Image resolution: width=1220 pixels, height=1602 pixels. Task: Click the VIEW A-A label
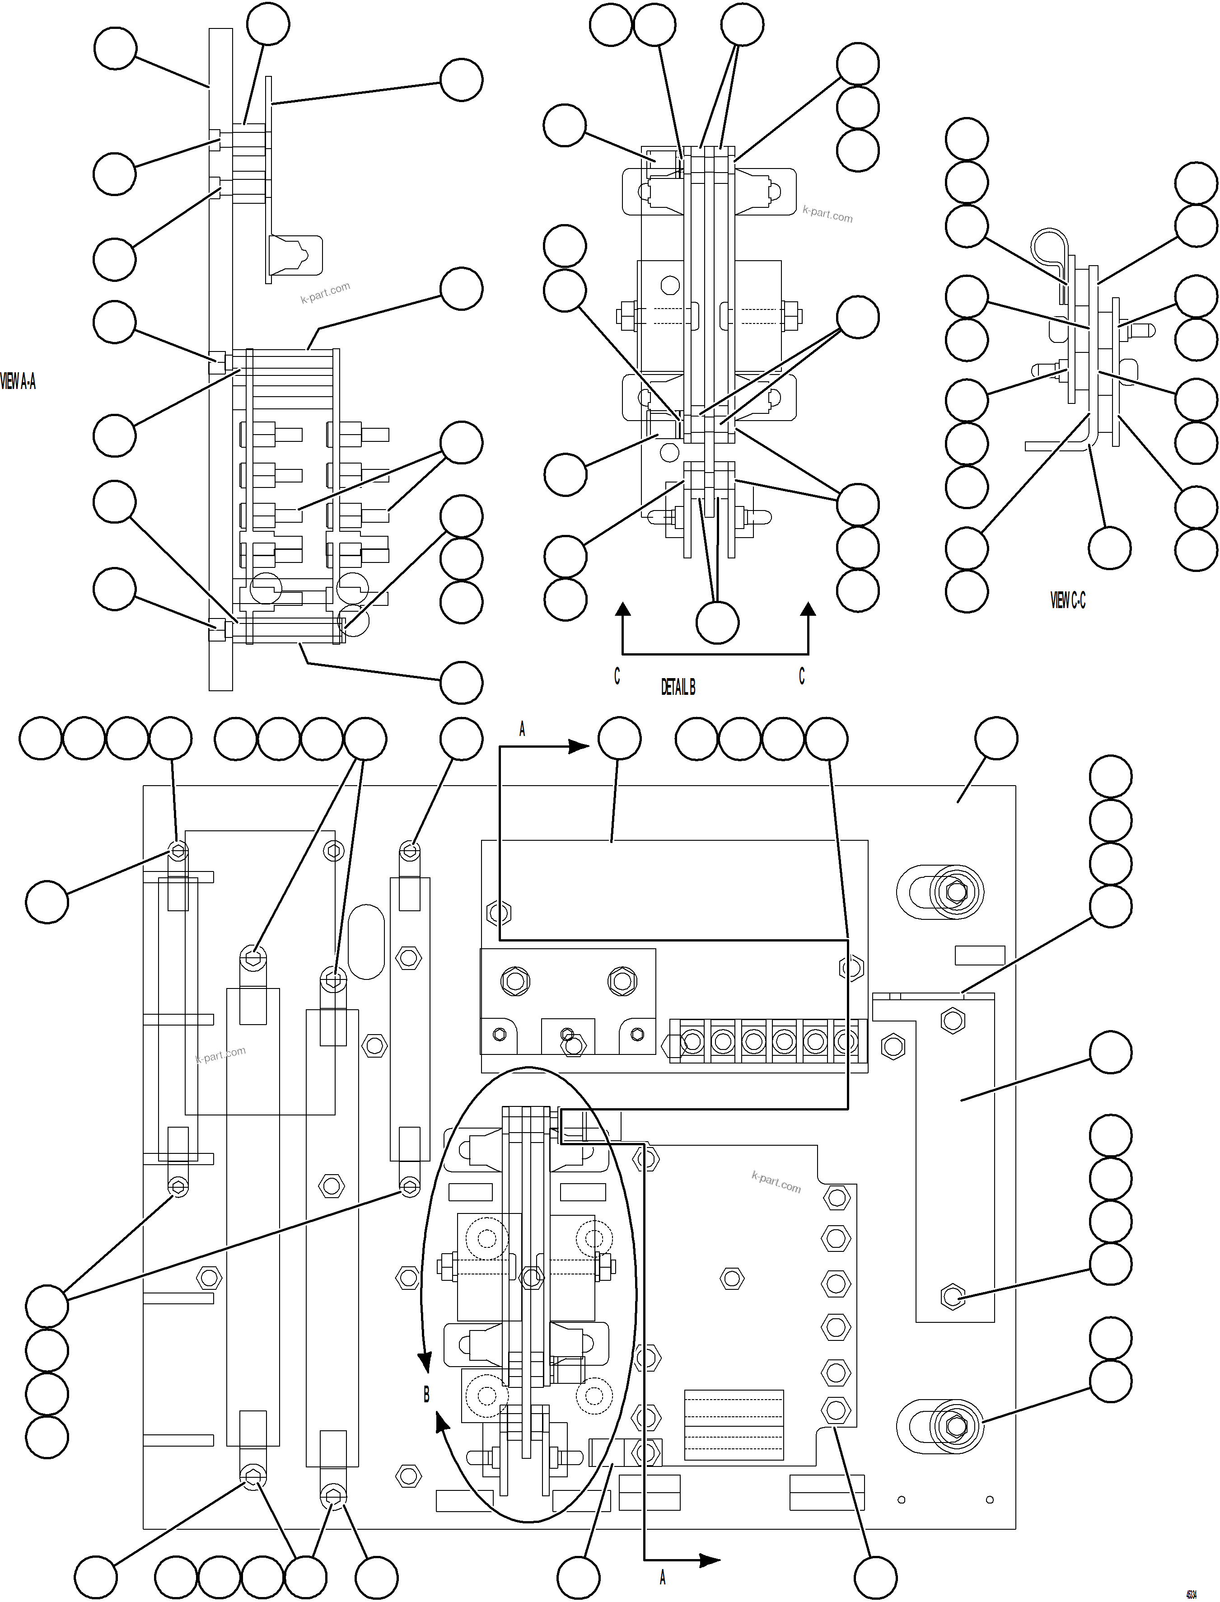[x=18, y=381]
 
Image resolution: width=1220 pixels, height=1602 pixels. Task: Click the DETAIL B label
[x=678, y=687]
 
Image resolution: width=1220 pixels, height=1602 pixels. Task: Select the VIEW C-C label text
[x=1067, y=600]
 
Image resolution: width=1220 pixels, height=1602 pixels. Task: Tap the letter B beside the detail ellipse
[x=426, y=1395]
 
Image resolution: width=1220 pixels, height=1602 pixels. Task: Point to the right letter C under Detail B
[x=802, y=676]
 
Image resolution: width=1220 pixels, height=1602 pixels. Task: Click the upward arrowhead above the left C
[x=622, y=609]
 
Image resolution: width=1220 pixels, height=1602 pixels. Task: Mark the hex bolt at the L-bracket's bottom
[x=952, y=1296]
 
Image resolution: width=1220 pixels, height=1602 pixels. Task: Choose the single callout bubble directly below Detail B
[x=717, y=623]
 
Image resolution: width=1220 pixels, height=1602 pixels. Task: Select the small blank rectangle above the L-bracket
[x=980, y=955]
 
